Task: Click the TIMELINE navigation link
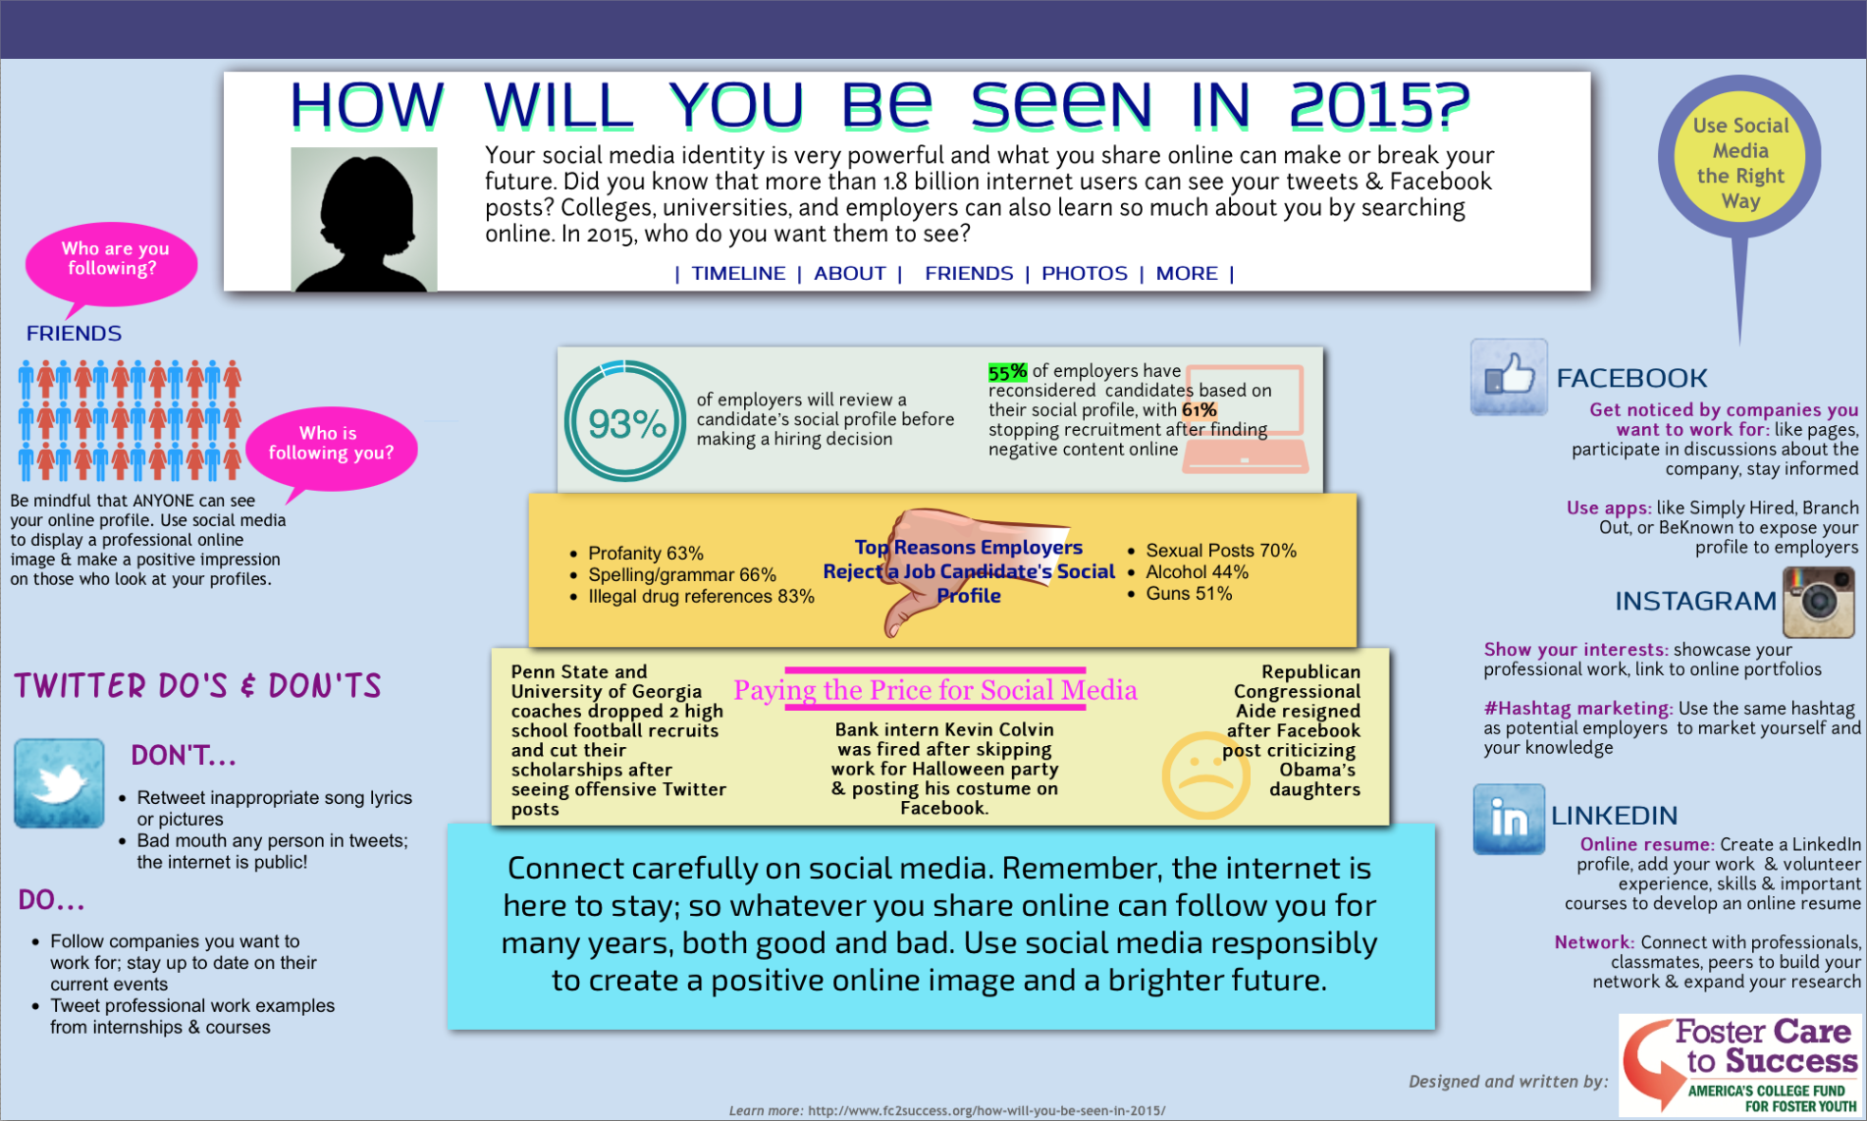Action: [738, 274]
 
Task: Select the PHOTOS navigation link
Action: [1085, 274]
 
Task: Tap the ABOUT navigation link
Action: [850, 274]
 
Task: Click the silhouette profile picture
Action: [364, 219]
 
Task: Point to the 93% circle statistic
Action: [625, 422]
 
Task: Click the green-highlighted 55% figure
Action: [1007, 372]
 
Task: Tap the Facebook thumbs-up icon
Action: [1509, 377]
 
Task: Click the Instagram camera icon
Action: [1819, 602]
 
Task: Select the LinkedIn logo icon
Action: [1509, 820]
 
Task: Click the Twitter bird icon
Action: [59, 783]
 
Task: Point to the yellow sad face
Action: [1206, 775]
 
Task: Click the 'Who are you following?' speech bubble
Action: [112, 263]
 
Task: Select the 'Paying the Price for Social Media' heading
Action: [935, 690]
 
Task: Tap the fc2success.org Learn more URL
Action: [987, 1111]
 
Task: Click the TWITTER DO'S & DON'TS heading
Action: [197, 685]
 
